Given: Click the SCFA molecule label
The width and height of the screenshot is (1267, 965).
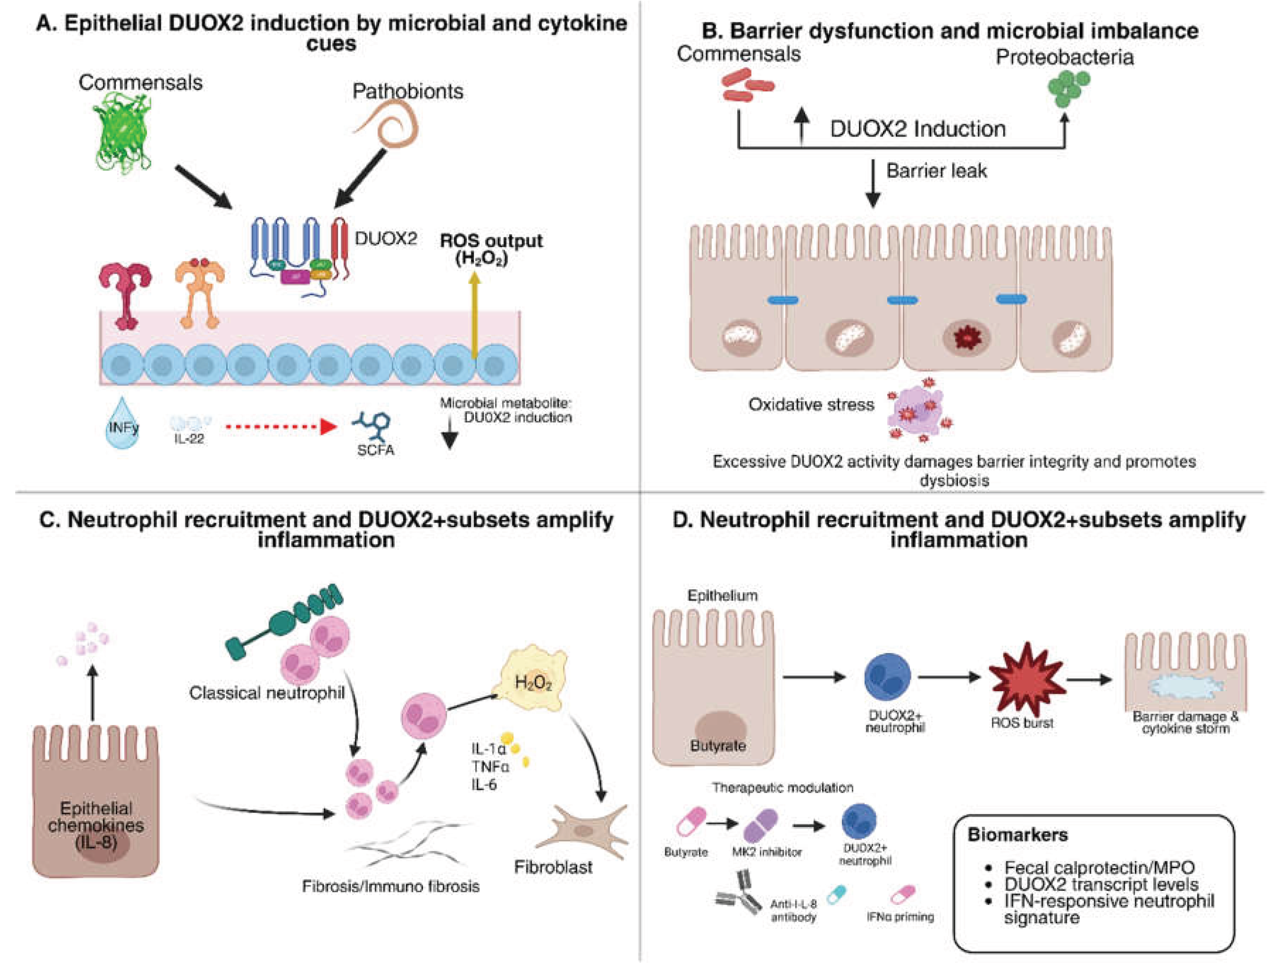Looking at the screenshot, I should pos(376,450).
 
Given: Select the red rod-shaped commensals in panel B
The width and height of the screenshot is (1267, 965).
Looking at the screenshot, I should pos(746,85).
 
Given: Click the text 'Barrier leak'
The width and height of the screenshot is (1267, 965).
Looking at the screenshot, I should pos(936,170).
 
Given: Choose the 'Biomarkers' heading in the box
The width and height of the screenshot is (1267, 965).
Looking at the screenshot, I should pos(1017,834).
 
